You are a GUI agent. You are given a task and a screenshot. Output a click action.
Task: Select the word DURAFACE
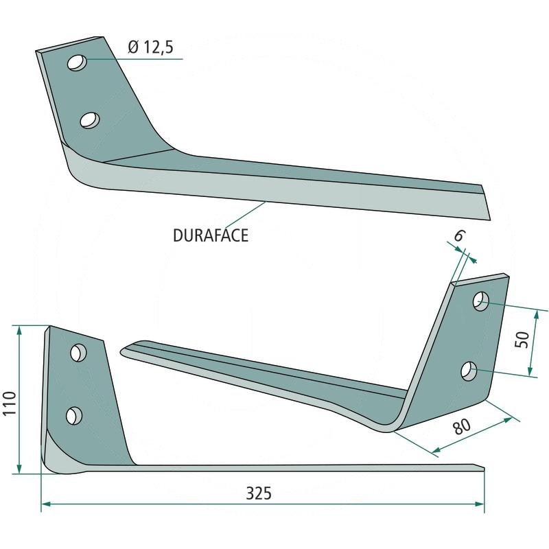pyautogui.click(x=211, y=235)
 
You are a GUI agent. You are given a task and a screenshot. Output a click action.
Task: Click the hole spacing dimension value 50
pyautogui.click(x=522, y=340)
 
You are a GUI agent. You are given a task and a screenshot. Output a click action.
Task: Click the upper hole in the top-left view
pyautogui.click(x=77, y=62)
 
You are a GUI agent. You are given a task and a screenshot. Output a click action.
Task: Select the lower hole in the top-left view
pyautogui.click(x=89, y=120)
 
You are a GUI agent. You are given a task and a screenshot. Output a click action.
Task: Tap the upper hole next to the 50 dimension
pyautogui.click(x=482, y=301)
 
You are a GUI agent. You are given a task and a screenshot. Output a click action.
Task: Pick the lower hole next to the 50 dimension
pyautogui.click(x=469, y=371)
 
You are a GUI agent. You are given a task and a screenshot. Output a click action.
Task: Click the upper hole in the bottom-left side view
pyautogui.click(x=79, y=352)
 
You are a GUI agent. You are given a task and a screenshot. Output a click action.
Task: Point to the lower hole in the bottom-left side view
pyautogui.click(x=73, y=414)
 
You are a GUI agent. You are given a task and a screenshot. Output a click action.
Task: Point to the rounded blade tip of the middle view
pyautogui.click(x=124, y=351)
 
